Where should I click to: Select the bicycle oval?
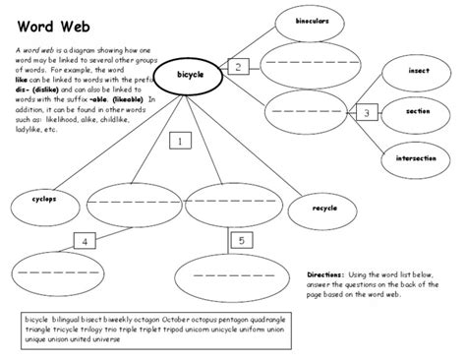click(190, 74)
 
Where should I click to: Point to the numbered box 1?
click(180, 142)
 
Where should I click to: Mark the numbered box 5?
click(242, 238)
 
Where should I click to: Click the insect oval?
click(418, 71)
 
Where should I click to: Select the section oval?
click(418, 112)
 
